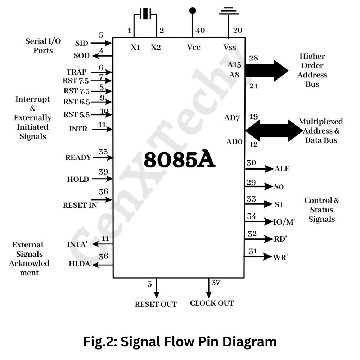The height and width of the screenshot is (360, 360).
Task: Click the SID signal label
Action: [81, 43]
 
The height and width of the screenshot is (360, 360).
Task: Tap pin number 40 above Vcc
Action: [200, 31]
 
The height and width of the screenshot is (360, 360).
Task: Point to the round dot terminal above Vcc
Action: [193, 10]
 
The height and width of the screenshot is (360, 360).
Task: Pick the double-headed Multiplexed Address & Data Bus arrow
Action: [274, 130]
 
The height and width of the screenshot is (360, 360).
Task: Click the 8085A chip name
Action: [180, 160]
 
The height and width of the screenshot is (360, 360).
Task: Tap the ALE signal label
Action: [282, 169]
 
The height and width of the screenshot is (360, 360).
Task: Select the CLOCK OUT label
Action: [212, 303]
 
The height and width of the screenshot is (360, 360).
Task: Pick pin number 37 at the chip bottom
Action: [216, 283]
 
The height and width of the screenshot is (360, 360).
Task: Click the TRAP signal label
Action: [76, 72]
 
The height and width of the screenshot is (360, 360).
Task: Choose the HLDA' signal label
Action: [79, 264]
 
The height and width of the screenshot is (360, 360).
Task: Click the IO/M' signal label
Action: [284, 222]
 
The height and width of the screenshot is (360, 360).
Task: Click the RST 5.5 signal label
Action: [76, 115]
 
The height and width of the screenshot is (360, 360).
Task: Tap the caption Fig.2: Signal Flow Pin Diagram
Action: [180, 341]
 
